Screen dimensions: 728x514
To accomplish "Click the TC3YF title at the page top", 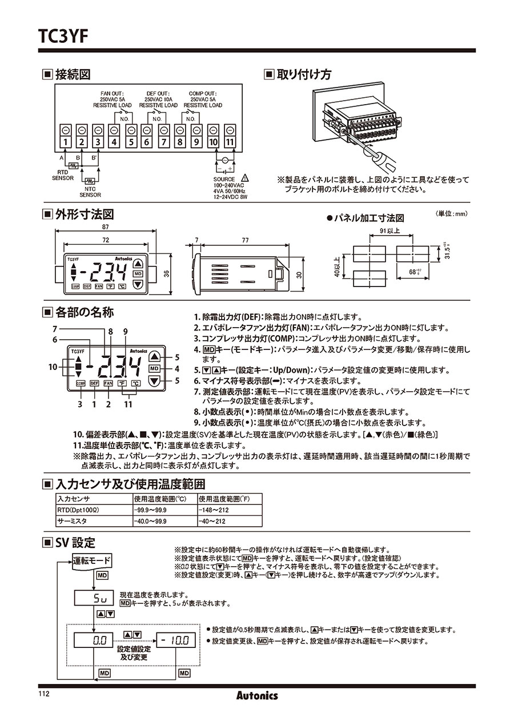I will click(63, 35).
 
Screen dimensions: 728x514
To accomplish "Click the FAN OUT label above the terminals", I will click(112, 93).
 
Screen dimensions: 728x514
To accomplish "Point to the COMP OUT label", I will click(203, 93).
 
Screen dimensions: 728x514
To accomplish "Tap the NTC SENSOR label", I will click(90, 191).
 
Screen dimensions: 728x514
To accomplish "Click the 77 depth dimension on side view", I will click(244, 241).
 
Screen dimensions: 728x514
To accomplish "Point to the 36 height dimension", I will click(167, 273).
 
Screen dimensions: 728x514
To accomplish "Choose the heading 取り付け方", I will click(303, 74).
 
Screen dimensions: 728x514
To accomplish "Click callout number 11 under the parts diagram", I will click(128, 404).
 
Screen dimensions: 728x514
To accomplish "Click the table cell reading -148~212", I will click(212, 510).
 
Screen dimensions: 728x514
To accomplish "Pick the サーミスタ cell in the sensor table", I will click(71, 521).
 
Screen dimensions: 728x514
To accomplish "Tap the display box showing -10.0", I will click(174, 641).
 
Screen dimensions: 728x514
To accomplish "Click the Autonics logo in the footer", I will click(257, 695).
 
